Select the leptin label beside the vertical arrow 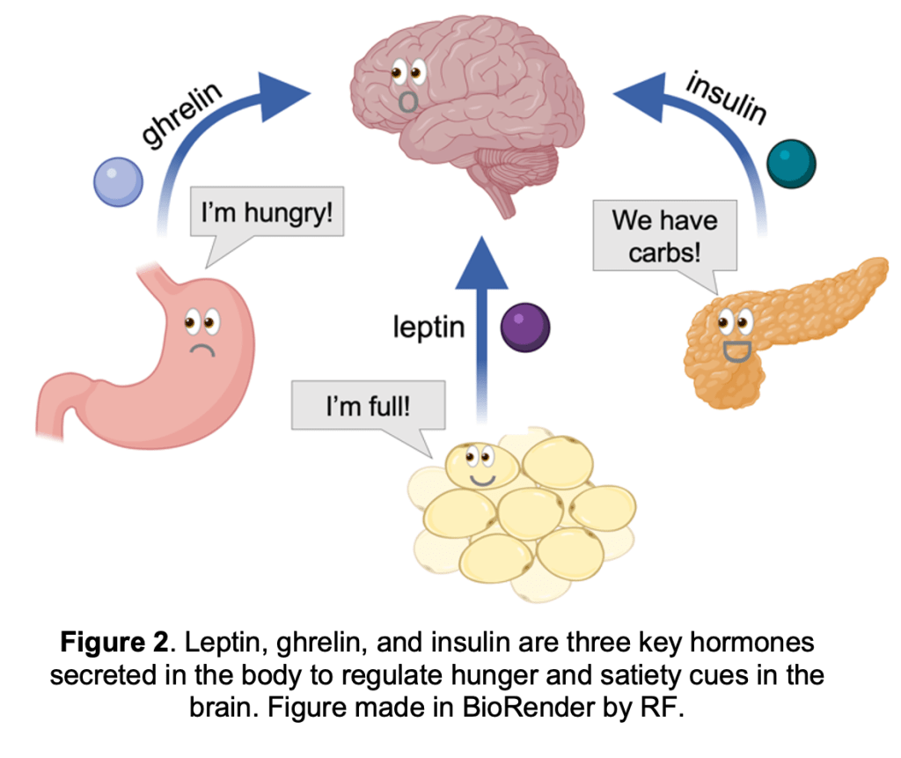pyautogui.click(x=429, y=327)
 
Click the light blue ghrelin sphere pyautogui.click(x=118, y=182)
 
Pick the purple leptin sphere pyautogui.click(x=524, y=328)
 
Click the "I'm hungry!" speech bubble pyautogui.click(x=267, y=214)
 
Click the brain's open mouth pyautogui.click(x=407, y=99)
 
